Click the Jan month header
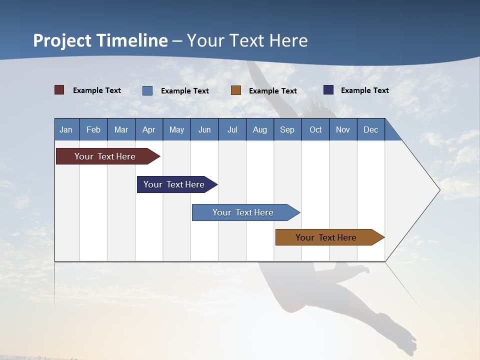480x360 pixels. [x=66, y=129]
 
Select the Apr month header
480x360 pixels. [x=148, y=129]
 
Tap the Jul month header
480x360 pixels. [x=232, y=129]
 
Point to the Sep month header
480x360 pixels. [x=287, y=129]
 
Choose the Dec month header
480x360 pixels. [x=370, y=129]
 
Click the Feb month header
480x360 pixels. [x=93, y=129]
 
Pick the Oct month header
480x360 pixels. [x=315, y=129]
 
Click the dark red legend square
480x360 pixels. [x=59, y=90]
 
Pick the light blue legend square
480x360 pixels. [x=147, y=90]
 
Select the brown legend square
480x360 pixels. [x=236, y=90]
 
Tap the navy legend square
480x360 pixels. [x=328, y=90]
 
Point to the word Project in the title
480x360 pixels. [x=62, y=40]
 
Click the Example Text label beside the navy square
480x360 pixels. [x=364, y=90]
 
